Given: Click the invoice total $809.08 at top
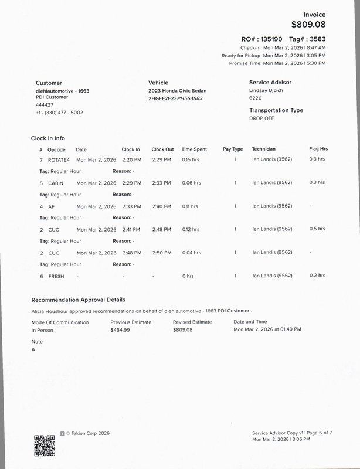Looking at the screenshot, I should point(308,25).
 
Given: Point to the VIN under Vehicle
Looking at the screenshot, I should point(175,98).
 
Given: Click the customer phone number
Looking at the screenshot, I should point(59,113).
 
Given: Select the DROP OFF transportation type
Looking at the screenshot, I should point(263,118).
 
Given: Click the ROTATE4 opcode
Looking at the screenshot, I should point(59,159).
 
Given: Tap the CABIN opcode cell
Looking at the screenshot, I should point(56,183).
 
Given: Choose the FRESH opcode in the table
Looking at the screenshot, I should point(56,276).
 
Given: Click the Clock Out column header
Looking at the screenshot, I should point(162,149).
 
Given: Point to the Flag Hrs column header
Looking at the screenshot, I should point(318,149).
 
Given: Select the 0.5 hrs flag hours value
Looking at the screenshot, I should point(317,229).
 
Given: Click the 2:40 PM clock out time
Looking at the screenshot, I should point(161,206).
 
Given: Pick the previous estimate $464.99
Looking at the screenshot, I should point(120,330).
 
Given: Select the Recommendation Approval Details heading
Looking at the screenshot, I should point(78,300).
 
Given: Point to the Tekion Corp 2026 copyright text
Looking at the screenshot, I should point(87,434).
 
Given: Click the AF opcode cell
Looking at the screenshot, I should point(51,206).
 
